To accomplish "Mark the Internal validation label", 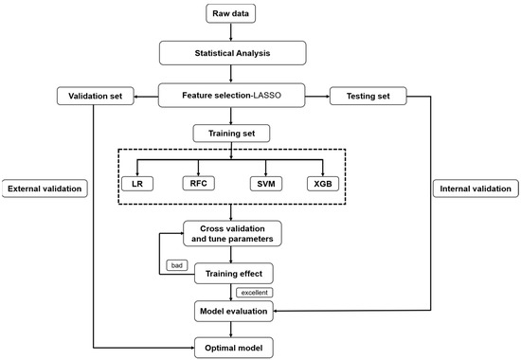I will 471,189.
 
